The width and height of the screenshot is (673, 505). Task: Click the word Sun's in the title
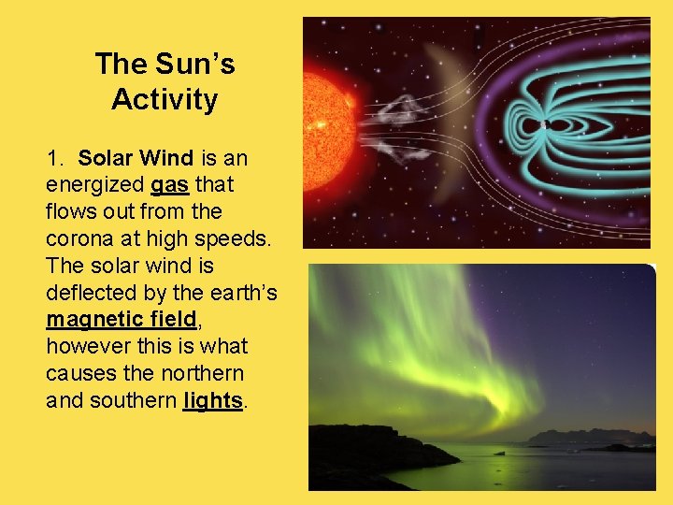point(194,65)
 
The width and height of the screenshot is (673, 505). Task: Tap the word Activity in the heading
point(165,99)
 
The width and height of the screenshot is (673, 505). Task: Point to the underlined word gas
point(169,184)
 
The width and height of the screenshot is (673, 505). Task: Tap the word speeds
point(236,238)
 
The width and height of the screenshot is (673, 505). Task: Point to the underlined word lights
point(213,401)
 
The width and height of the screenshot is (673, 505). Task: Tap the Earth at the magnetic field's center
point(544,123)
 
